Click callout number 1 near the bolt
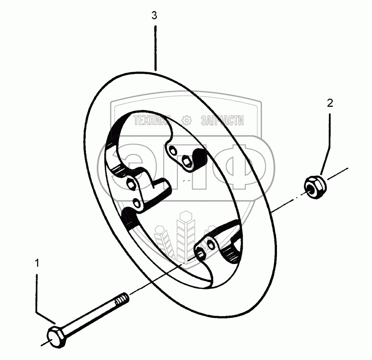[37, 263]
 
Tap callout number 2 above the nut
[329, 103]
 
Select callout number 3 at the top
[154, 16]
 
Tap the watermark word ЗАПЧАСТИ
[222, 120]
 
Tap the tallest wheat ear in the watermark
[184, 232]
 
